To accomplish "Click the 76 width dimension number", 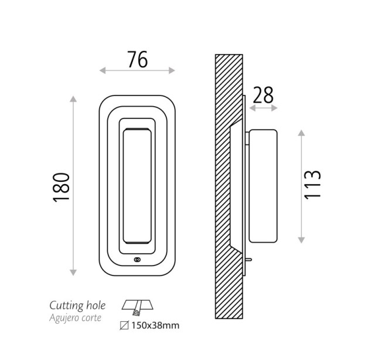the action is click(x=138, y=59).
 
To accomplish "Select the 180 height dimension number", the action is click(x=62, y=188).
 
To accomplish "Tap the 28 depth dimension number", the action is click(x=263, y=95).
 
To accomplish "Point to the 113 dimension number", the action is click(x=312, y=184).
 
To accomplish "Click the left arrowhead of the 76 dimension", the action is click(x=103, y=70).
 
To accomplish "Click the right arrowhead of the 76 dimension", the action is click(x=172, y=70).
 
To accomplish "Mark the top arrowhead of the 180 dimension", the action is click(x=73, y=99).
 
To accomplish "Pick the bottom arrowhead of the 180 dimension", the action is click(x=73, y=273).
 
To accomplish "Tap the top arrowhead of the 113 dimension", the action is click(x=301, y=133).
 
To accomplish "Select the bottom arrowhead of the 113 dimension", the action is click(x=301, y=240).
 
